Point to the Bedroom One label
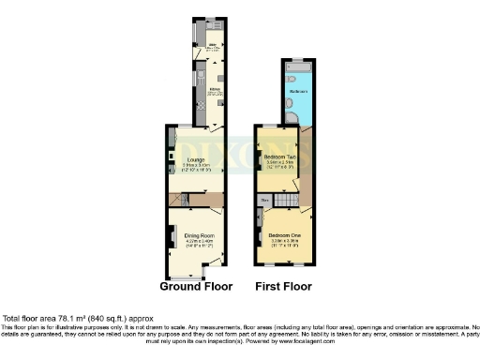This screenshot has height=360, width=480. [x=284, y=234]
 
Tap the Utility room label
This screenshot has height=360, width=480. [x=213, y=45]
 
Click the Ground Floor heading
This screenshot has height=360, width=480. [x=197, y=287]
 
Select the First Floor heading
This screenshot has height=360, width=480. [x=285, y=287]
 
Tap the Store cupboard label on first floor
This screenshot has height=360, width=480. [x=264, y=200]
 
